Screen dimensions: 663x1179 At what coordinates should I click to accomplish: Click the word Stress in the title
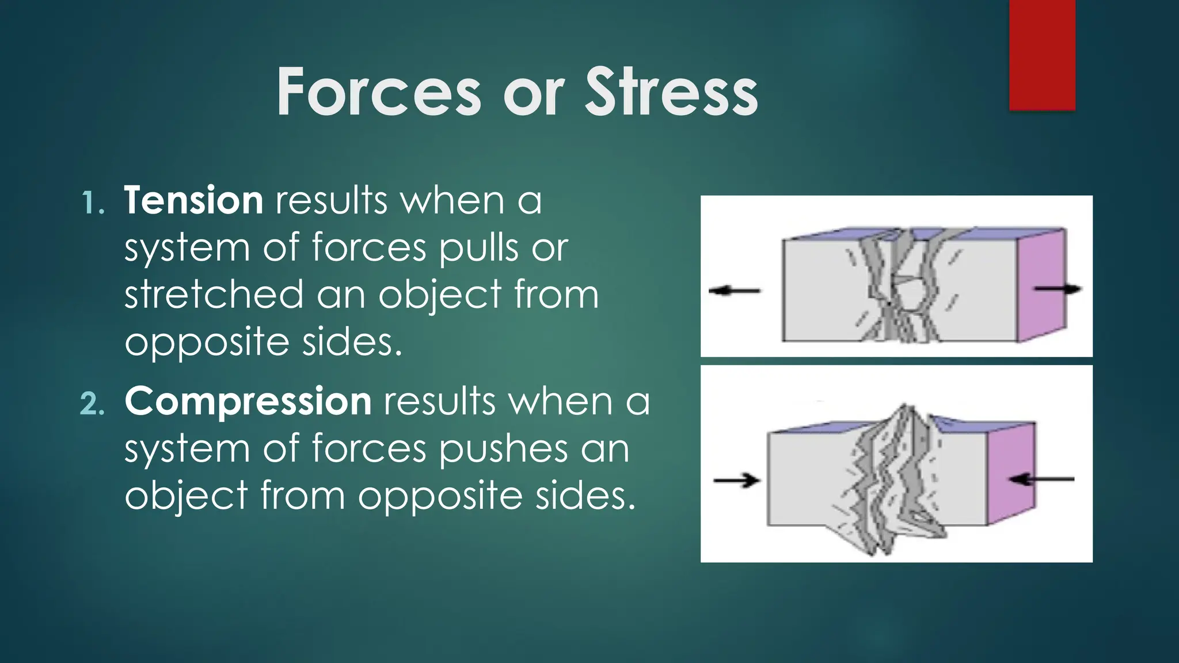tap(671, 92)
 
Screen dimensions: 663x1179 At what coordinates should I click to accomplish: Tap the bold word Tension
tap(194, 200)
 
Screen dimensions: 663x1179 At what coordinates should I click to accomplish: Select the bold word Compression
tap(248, 401)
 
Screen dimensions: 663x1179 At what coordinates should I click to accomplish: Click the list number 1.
tap(92, 203)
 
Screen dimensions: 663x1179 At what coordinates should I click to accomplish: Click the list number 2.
tap(92, 404)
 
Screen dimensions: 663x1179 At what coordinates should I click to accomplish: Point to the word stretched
tap(214, 294)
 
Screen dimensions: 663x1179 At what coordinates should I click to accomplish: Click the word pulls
tap(478, 248)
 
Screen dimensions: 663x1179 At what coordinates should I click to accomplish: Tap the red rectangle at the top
tap(1042, 55)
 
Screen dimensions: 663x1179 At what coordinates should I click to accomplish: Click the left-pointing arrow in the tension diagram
tap(735, 291)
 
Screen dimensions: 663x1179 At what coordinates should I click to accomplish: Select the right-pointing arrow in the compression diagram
tap(737, 479)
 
